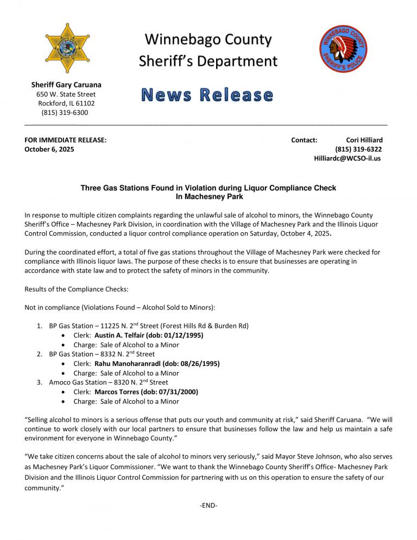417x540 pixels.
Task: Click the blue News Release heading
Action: pyautogui.click(x=207, y=95)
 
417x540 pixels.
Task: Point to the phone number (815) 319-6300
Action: pyautogui.click(x=65, y=113)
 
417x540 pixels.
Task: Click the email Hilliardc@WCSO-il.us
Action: pyautogui.click(x=347, y=158)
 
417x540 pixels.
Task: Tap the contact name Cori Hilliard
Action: pyautogui.click(x=364, y=140)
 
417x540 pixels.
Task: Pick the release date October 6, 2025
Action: pyautogui.click(x=50, y=149)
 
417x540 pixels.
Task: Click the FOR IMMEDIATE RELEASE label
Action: pyautogui.click(x=66, y=140)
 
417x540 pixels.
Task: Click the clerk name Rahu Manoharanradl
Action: pyautogui.click(x=130, y=364)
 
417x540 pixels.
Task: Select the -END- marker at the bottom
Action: pyautogui.click(x=208, y=506)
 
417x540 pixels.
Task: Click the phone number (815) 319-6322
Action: pyautogui.click(x=358, y=149)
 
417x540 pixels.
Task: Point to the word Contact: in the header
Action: pyautogui.click(x=304, y=140)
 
